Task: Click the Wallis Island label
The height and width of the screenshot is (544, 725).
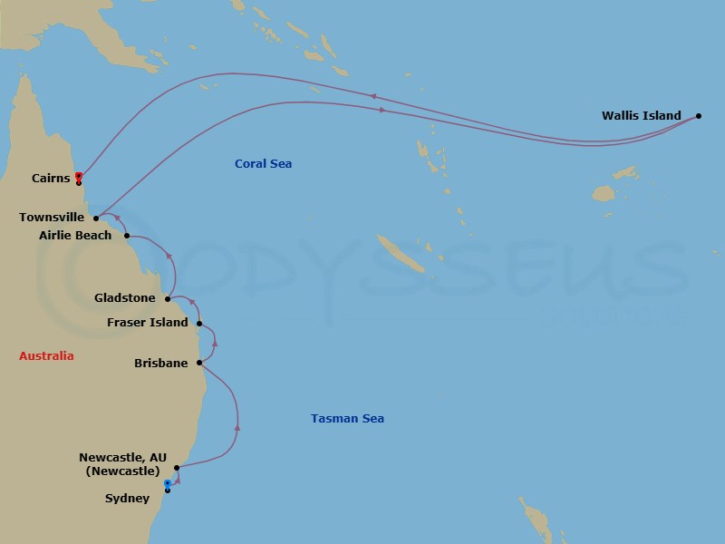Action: [641, 116]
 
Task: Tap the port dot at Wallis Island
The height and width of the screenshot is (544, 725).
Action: [699, 116]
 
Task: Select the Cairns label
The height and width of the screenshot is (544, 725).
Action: [51, 179]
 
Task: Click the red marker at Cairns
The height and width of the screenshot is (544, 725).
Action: [79, 176]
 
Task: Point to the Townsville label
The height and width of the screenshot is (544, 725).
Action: [53, 218]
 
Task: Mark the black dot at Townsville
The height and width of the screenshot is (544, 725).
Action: [96, 218]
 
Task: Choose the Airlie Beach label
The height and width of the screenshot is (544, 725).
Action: [75, 236]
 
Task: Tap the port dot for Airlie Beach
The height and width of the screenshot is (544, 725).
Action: [127, 236]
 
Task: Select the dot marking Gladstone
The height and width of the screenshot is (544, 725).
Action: [168, 297]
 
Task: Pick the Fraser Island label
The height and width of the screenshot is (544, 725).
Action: [148, 323]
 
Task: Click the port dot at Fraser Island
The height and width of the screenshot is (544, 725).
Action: [198, 323]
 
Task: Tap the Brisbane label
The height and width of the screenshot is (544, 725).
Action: [160, 364]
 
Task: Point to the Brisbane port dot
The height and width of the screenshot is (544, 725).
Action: [198, 364]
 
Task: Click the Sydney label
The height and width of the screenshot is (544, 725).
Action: [128, 499]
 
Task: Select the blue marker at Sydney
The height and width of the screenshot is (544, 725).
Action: [168, 484]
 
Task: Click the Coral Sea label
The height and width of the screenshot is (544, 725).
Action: [263, 164]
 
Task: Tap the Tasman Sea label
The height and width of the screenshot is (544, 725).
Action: [347, 419]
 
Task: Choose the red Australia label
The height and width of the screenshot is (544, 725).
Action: [46, 356]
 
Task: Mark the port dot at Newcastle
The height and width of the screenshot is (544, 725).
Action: [177, 468]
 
